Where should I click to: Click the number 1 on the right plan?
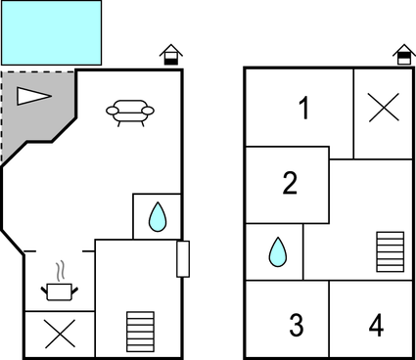coord(303,109)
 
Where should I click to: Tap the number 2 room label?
coord(289,183)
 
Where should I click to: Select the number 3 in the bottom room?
coord(296,325)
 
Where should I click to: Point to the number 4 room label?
coord(376,325)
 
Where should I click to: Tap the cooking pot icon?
coord(58,291)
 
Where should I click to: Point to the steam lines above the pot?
coord(60,268)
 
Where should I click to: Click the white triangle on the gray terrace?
coord(32,95)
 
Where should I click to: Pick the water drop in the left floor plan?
coord(157,216)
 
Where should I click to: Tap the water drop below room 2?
coord(278,252)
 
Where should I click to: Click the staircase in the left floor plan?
coord(140,333)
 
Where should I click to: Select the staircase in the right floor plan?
coord(390,251)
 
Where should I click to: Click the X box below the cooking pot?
coord(59,335)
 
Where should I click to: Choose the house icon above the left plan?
coord(171,55)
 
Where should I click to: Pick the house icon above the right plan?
coord(402,55)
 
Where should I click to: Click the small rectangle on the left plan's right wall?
coord(182,259)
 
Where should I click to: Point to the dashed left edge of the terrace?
coord(2,117)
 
